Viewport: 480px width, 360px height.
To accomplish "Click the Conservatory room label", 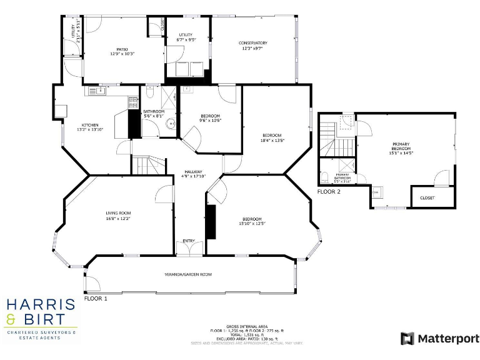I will pos(252,43).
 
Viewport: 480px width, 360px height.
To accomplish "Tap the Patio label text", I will pos(122,49).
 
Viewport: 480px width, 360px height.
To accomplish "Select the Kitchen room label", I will pos(90,124).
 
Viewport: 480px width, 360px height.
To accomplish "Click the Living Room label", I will pos(117,213).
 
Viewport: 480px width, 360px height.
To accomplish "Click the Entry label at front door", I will pos(188,241).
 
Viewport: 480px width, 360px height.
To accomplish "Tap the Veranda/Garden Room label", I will pos(188,274).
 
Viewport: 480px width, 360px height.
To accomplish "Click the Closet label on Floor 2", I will pos(427,197).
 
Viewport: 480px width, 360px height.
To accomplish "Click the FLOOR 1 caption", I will pos(96,299).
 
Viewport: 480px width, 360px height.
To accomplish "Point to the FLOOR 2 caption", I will pos(329,191).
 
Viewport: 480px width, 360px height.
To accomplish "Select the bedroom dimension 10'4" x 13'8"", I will pos(272,141).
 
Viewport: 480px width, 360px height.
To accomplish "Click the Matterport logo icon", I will pos(407,338).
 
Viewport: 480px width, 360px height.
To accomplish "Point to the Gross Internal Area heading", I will pos(247,326).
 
